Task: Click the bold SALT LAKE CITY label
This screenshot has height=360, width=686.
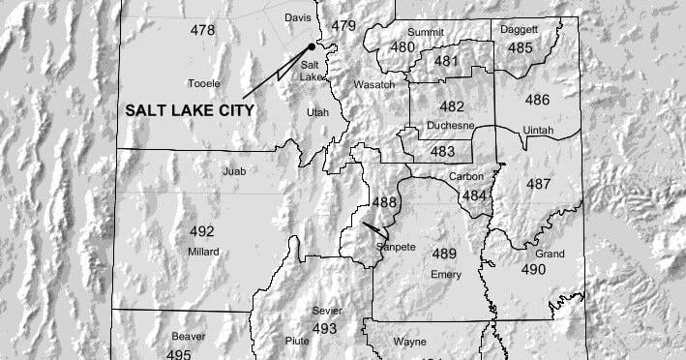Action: tap(190, 110)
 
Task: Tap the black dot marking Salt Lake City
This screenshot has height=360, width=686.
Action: tap(312, 45)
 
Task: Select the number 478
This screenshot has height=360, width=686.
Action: tap(202, 30)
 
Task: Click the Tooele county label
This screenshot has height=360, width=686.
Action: tap(203, 83)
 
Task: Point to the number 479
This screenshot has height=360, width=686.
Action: tap(343, 25)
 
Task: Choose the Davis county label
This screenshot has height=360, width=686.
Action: tap(298, 17)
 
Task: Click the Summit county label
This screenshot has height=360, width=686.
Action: tap(426, 32)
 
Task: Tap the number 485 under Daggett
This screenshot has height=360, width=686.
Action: tap(521, 47)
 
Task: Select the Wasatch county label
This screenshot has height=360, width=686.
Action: tap(373, 85)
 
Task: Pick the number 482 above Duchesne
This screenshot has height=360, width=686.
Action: tap(452, 106)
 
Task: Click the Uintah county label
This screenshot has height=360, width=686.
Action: tap(539, 130)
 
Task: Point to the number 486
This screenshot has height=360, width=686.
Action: tap(537, 100)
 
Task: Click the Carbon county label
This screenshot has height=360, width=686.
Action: tap(466, 176)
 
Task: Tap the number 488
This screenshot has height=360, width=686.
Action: tap(384, 201)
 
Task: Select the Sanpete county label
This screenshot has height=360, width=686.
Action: tap(396, 248)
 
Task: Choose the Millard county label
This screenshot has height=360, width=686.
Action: tap(203, 252)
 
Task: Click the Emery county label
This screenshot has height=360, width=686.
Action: tap(445, 275)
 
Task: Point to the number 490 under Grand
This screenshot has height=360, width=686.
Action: tap(534, 269)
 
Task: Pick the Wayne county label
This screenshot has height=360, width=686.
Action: tap(410, 342)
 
